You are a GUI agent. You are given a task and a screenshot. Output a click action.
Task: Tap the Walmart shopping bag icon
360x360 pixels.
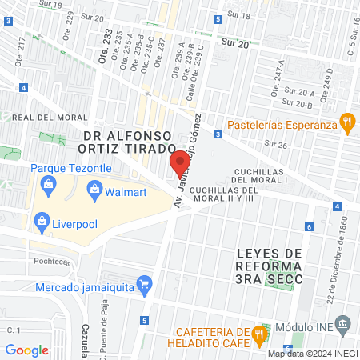click(x=94, y=190)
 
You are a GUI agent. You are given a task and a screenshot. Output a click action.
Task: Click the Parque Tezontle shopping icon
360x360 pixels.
click(x=49, y=185)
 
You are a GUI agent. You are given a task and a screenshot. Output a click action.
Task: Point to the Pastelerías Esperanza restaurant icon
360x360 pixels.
click(x=346, y=123)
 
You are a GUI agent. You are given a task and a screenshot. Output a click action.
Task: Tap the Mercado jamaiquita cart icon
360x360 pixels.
click(x=145, y=282)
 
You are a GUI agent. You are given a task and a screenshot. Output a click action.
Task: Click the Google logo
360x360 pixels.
click(x=26, y=350)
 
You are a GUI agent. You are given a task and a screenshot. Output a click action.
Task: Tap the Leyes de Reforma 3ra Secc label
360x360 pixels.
click(x=270, y=266)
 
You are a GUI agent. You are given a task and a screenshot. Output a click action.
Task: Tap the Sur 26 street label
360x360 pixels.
click(x=275, y=145)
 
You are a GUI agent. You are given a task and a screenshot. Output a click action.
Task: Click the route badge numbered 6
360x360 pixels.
click(x=309, y=227)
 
